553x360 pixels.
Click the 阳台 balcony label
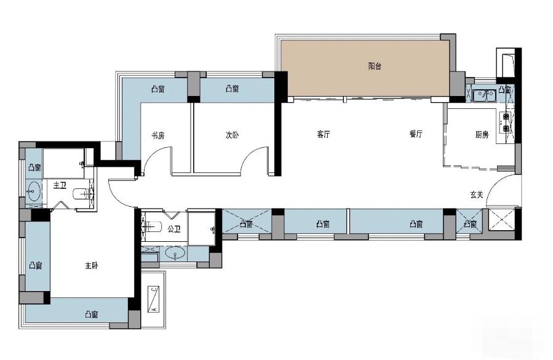(x=375, y=66)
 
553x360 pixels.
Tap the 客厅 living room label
(x=324, y=134)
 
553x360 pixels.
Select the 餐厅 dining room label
(x=416, y=134)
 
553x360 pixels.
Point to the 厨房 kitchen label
(x=482, y=134)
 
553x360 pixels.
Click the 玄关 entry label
(x=477, y=194)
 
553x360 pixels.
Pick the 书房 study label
(x=157, y=135)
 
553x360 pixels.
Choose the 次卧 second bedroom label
(x=232, y=135)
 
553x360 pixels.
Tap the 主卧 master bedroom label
(x=91, y=265)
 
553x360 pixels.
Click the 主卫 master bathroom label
(x=60, y=185)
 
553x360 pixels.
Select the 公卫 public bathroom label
(x=174, y=229)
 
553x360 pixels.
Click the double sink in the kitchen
(x=485, y=95)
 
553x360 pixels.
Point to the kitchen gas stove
(x=506, y=122)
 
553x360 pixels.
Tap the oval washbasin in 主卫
(x=34, y=191)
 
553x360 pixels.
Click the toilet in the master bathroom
(x=83, y=194)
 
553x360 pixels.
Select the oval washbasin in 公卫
(x=175, y=253)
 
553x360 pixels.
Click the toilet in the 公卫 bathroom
(x=152, y=225)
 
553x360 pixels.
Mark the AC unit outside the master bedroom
(x=153, y=299)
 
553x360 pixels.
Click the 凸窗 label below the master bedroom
(x=91, y=314)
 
